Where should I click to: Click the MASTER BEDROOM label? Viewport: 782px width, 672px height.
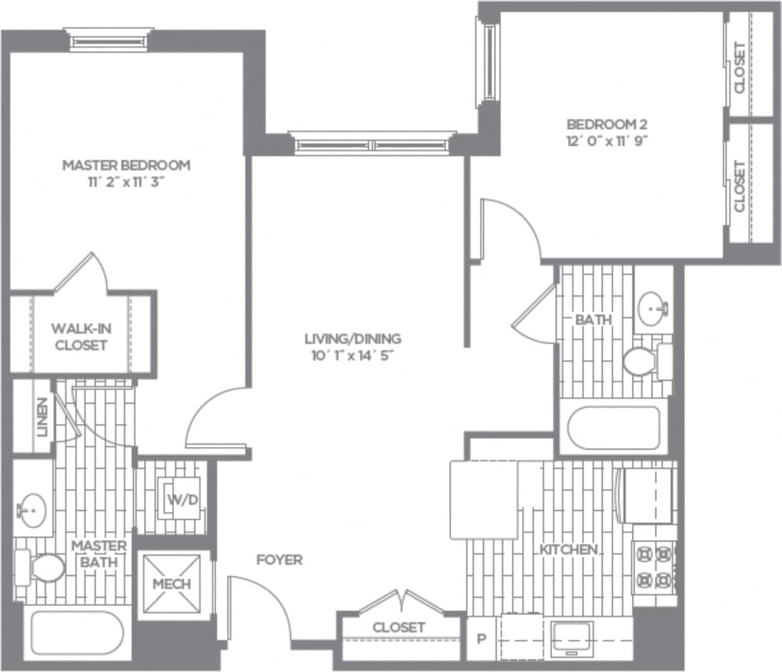pyautogui.click(x=126, y=165)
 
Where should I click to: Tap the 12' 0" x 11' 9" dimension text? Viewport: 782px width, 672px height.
pyautogui.click(x=607, y=141)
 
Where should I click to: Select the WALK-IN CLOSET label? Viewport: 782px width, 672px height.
pyautogui.click(x=80, y=336)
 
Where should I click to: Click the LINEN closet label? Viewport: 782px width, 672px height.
pyautogui.click(x=42, y=417)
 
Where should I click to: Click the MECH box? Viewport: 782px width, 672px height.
pyautogui.click(x=172, y=584)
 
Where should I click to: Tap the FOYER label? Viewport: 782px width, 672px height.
pyautogui.click(x=279, y=559)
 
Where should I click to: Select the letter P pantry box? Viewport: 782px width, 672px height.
pyautogui.click(x=482, y=639)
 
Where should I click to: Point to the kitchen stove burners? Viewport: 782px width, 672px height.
pyautogui.click(x=654, y=566)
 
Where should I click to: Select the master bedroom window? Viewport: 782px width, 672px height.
pyautogui.click(x=110, y=40)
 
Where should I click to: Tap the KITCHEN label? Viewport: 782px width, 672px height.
pyautogui.click(x=568, y=549)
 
